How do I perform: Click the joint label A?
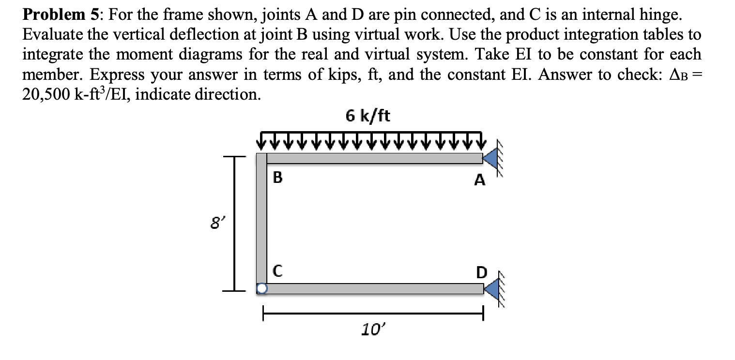[x=479, y=180]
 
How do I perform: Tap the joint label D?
[x=480, y=272]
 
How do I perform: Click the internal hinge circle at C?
[x=261, y=289]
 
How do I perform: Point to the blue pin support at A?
[x=490, y=158]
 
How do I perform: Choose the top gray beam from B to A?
[x=373, y=158]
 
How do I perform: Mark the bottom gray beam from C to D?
[x=373, y=289]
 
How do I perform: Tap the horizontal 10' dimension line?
[x=373, y=314]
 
